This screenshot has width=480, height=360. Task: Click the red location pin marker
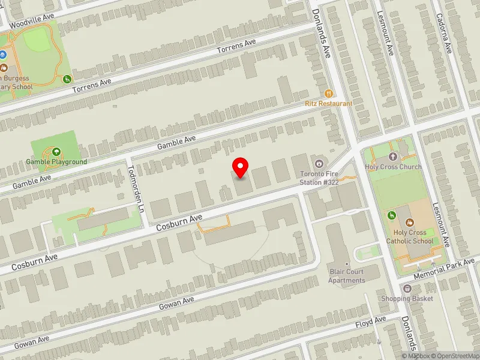pyautogui.click(x=241, y=167)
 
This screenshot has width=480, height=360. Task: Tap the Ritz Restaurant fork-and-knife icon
pyautogui.click(x=328, y=94)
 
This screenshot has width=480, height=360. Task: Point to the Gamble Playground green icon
pyautogui.click(x=56, y=152)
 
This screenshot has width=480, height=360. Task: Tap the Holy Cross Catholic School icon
pyautogui.click(x=410, y=223)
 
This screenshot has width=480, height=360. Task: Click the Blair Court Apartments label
pyautogui.click(x=347, y=276)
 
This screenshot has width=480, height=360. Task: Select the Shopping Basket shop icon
pyautogui.click(x=407, y=289)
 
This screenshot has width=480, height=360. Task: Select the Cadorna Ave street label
pyautogui.click(x=444, y=33)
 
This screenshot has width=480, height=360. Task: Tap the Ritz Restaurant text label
pyautogui.click(x=328, y=104)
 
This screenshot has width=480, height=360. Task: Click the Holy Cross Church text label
pyautogui.click(x=394, y=167)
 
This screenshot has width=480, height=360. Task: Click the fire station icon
pyautogui.click(x=319, y=163)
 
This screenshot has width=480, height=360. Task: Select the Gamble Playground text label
pyautogui.click(x=56, y=162)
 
